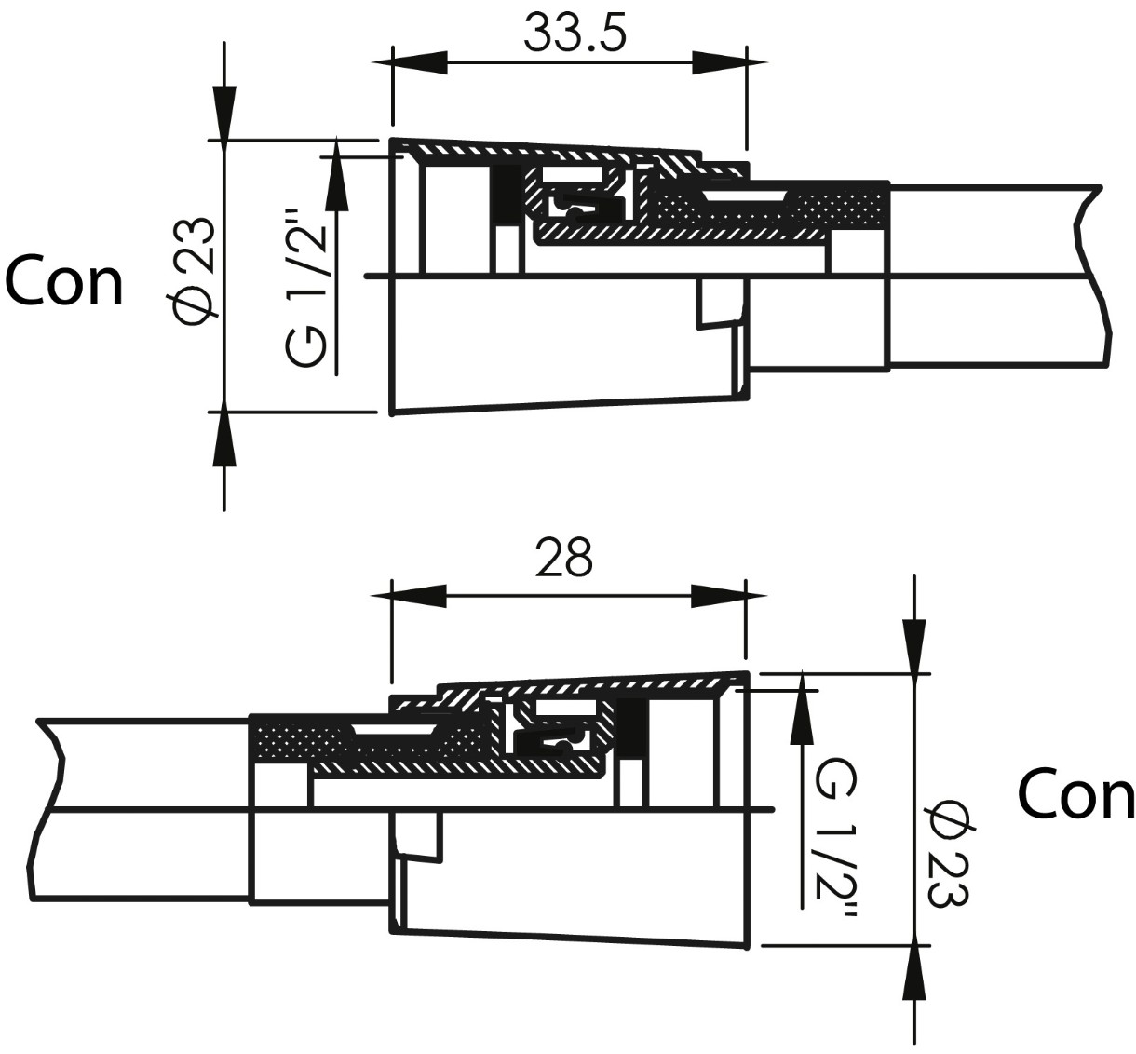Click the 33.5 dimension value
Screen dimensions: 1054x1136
coord(575,34)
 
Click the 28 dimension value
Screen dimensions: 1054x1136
coord(564,559)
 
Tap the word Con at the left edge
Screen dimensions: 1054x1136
coord(64,282)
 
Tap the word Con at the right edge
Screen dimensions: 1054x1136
coord(1075,795)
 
